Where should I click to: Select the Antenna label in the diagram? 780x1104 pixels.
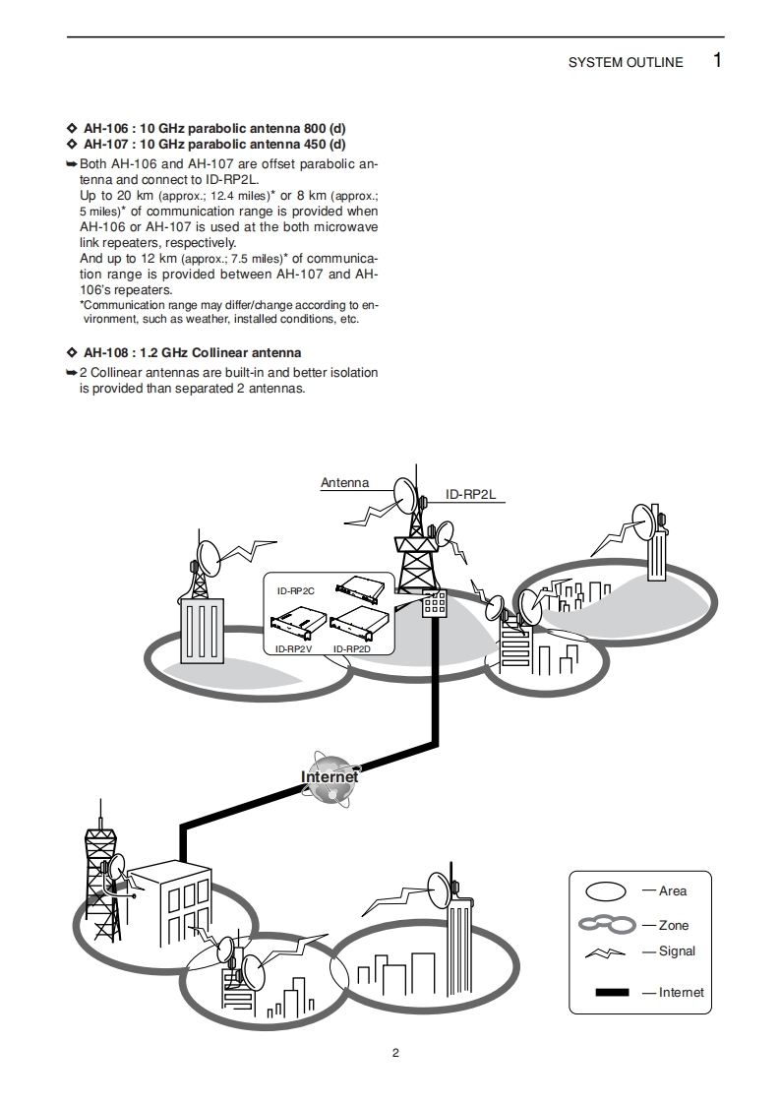point(344,483)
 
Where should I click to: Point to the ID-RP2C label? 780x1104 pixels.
point(295,590)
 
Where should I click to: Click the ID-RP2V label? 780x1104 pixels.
point(293,649)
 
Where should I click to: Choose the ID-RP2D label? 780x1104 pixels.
point(351,649)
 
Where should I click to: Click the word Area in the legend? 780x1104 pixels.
point(673,891)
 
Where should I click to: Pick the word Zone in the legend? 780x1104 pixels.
point(674,926)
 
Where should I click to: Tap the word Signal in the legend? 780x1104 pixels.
point(677,951)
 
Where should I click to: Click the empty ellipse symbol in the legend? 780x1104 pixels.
point(607,891)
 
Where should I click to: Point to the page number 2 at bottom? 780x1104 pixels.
point(395,1053)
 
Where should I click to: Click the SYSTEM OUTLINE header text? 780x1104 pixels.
point(625,63)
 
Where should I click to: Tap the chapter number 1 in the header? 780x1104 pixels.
point(717,61)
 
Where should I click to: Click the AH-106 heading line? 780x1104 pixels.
point(214,129)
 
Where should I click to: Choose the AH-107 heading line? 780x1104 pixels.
point(214,144)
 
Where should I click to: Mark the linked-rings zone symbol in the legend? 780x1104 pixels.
point(606,925)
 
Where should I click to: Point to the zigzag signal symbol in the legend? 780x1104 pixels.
point(605,952)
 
